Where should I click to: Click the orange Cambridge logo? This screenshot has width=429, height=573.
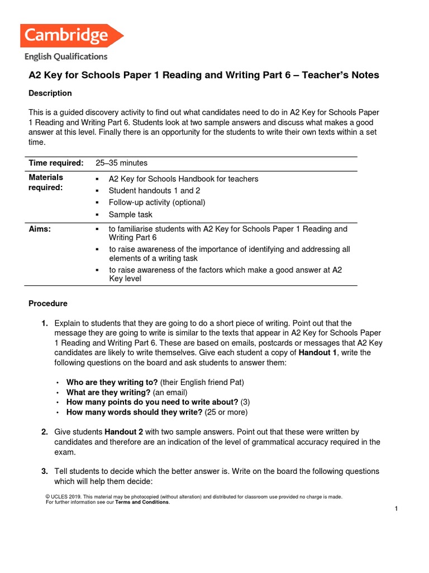pyautogui.click(x=71, y=36)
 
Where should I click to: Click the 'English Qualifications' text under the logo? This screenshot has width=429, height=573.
pyautogui.click(x=66, y=57)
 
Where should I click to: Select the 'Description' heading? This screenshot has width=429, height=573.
pyautogui.click(x=50, y=93)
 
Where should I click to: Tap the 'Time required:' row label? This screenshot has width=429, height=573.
pyautogui.click(x=56, y=163)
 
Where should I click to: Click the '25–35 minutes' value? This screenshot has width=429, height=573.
pyautogui.click(x=121, y=163)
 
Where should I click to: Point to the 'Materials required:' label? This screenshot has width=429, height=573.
pyautogui.click(x=46, y=183)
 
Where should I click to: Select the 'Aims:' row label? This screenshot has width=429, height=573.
pyautogui.click(x=40, y=229)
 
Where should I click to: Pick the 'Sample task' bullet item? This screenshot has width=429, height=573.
pyautogui.click(x=130, y=214)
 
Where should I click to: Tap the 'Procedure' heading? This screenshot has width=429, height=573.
pyautogui.click(x=48, y=303)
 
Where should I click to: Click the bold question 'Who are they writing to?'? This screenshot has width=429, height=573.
pyautogui.click(x=112, y=382)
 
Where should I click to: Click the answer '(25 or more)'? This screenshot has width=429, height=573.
pyautogui.click(x=226, y=412)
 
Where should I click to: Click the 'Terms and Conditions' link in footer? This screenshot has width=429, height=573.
pyautogui.click(x=142, y=502)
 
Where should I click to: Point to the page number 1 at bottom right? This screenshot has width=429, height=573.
pyautogui.click(x=395, y=509)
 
